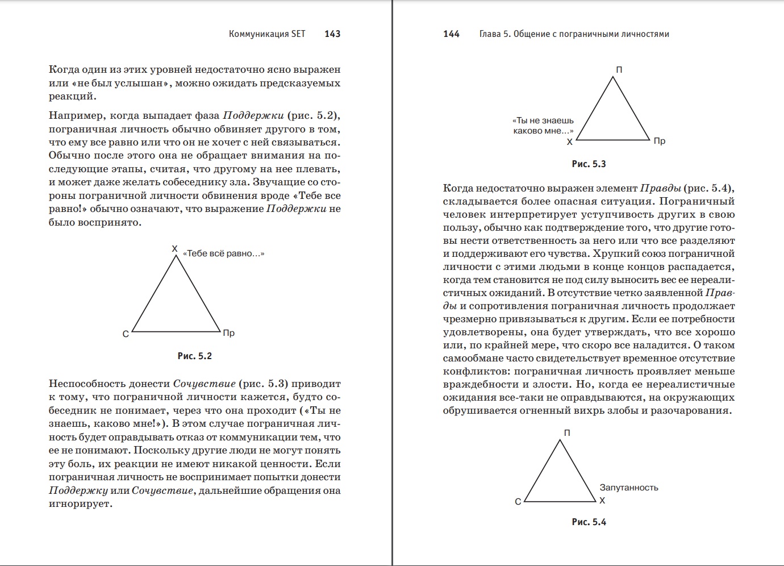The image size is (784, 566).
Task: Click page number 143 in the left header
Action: pos(332,34)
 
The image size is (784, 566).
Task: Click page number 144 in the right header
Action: pos(451,34)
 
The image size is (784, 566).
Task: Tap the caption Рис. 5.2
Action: pos(194,356)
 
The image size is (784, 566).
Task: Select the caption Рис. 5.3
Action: pos(589,164)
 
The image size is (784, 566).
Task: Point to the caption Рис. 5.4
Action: pos(589,522)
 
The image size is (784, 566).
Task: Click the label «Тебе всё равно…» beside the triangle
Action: pos(223,253)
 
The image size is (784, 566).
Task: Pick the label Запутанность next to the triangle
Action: pos(629,488)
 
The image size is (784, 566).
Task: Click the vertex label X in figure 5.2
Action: pos(175,249)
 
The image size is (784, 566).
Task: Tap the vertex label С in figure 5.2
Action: pos(126,334)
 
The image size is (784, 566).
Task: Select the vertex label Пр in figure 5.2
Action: pos(228,333)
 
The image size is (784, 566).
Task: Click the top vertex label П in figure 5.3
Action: pos(619,70)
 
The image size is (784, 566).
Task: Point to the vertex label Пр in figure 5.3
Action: pos(659,141)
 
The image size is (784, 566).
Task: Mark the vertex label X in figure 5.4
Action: pos(602,501)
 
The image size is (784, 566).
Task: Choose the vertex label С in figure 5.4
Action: pos(518,502)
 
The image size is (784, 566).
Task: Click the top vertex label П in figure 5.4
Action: pos(567,433)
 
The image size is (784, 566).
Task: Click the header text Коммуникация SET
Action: pos(267,34)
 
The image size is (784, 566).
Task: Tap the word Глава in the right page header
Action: pos(490,34)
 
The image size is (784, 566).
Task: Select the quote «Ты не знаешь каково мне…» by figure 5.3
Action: pos(543,126)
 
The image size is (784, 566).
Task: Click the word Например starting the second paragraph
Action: pos(77,116)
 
